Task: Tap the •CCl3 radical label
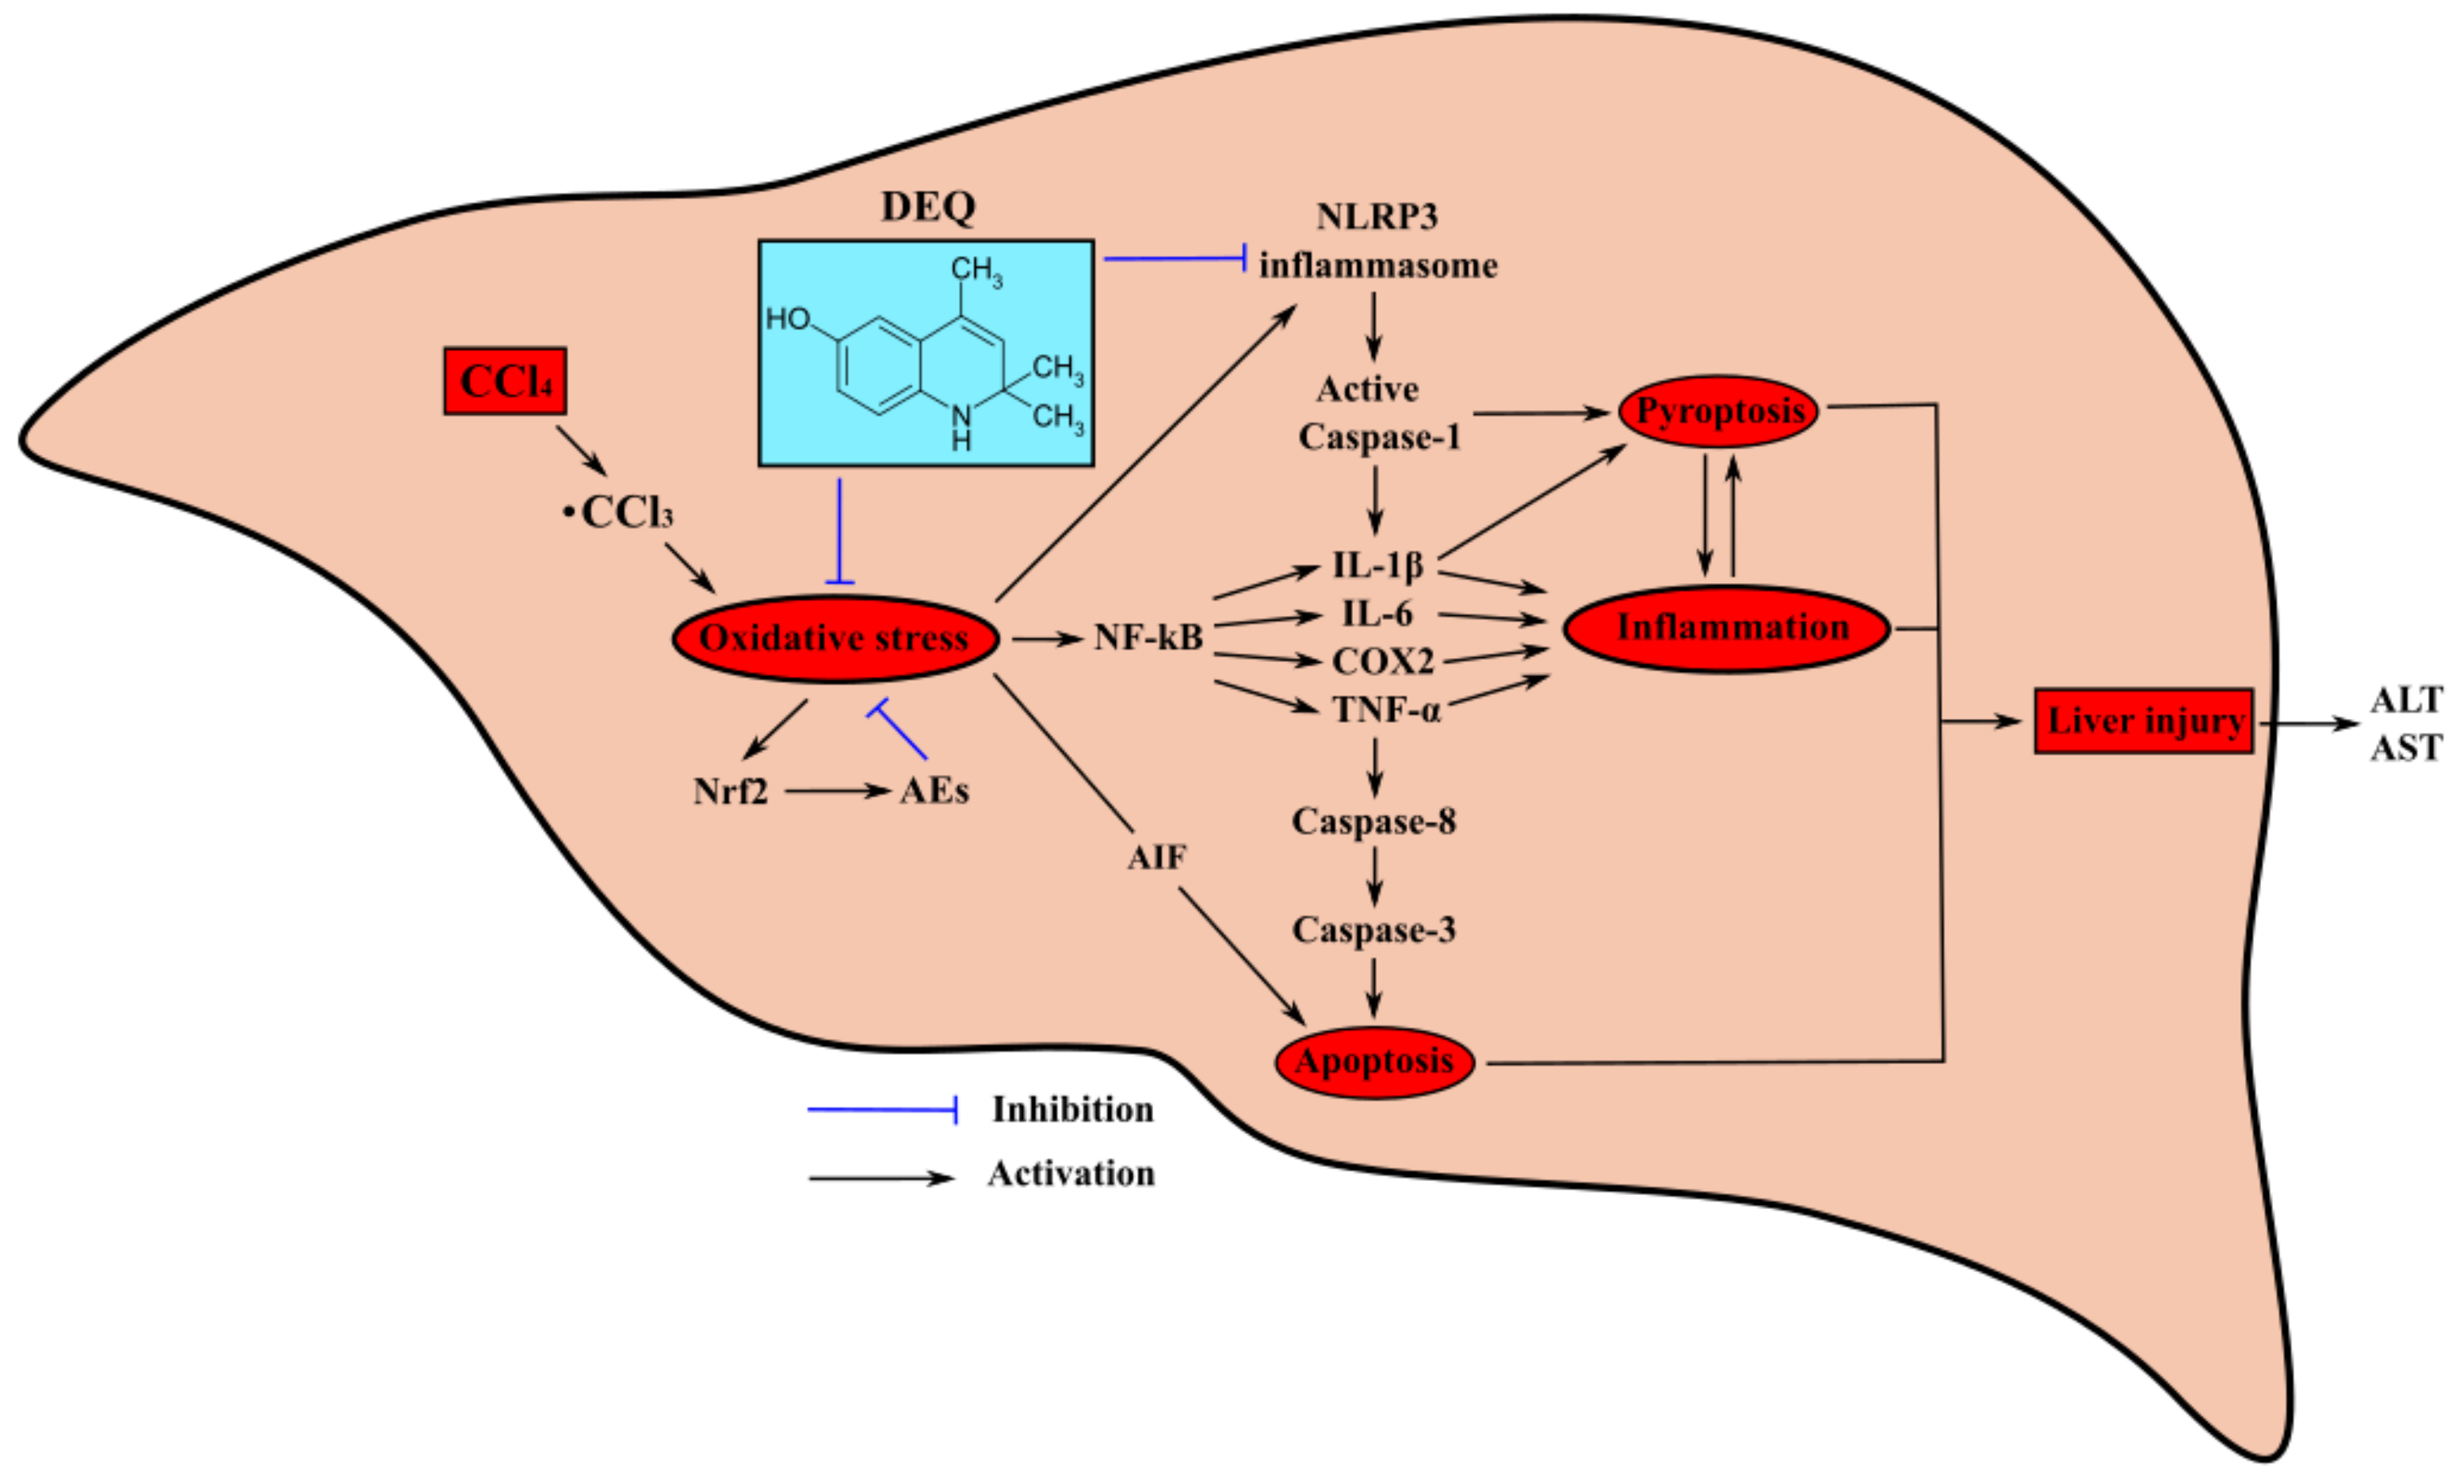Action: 619,512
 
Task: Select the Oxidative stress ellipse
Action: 835,638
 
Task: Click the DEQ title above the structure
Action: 928,206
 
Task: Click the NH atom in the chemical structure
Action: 960,428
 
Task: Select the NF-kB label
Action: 1148,637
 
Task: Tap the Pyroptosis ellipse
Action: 1718,410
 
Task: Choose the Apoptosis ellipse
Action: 1375,1061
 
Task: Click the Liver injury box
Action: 2143,721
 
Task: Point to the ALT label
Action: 2406,700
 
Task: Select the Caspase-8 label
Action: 1374,821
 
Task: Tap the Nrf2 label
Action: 731,791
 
